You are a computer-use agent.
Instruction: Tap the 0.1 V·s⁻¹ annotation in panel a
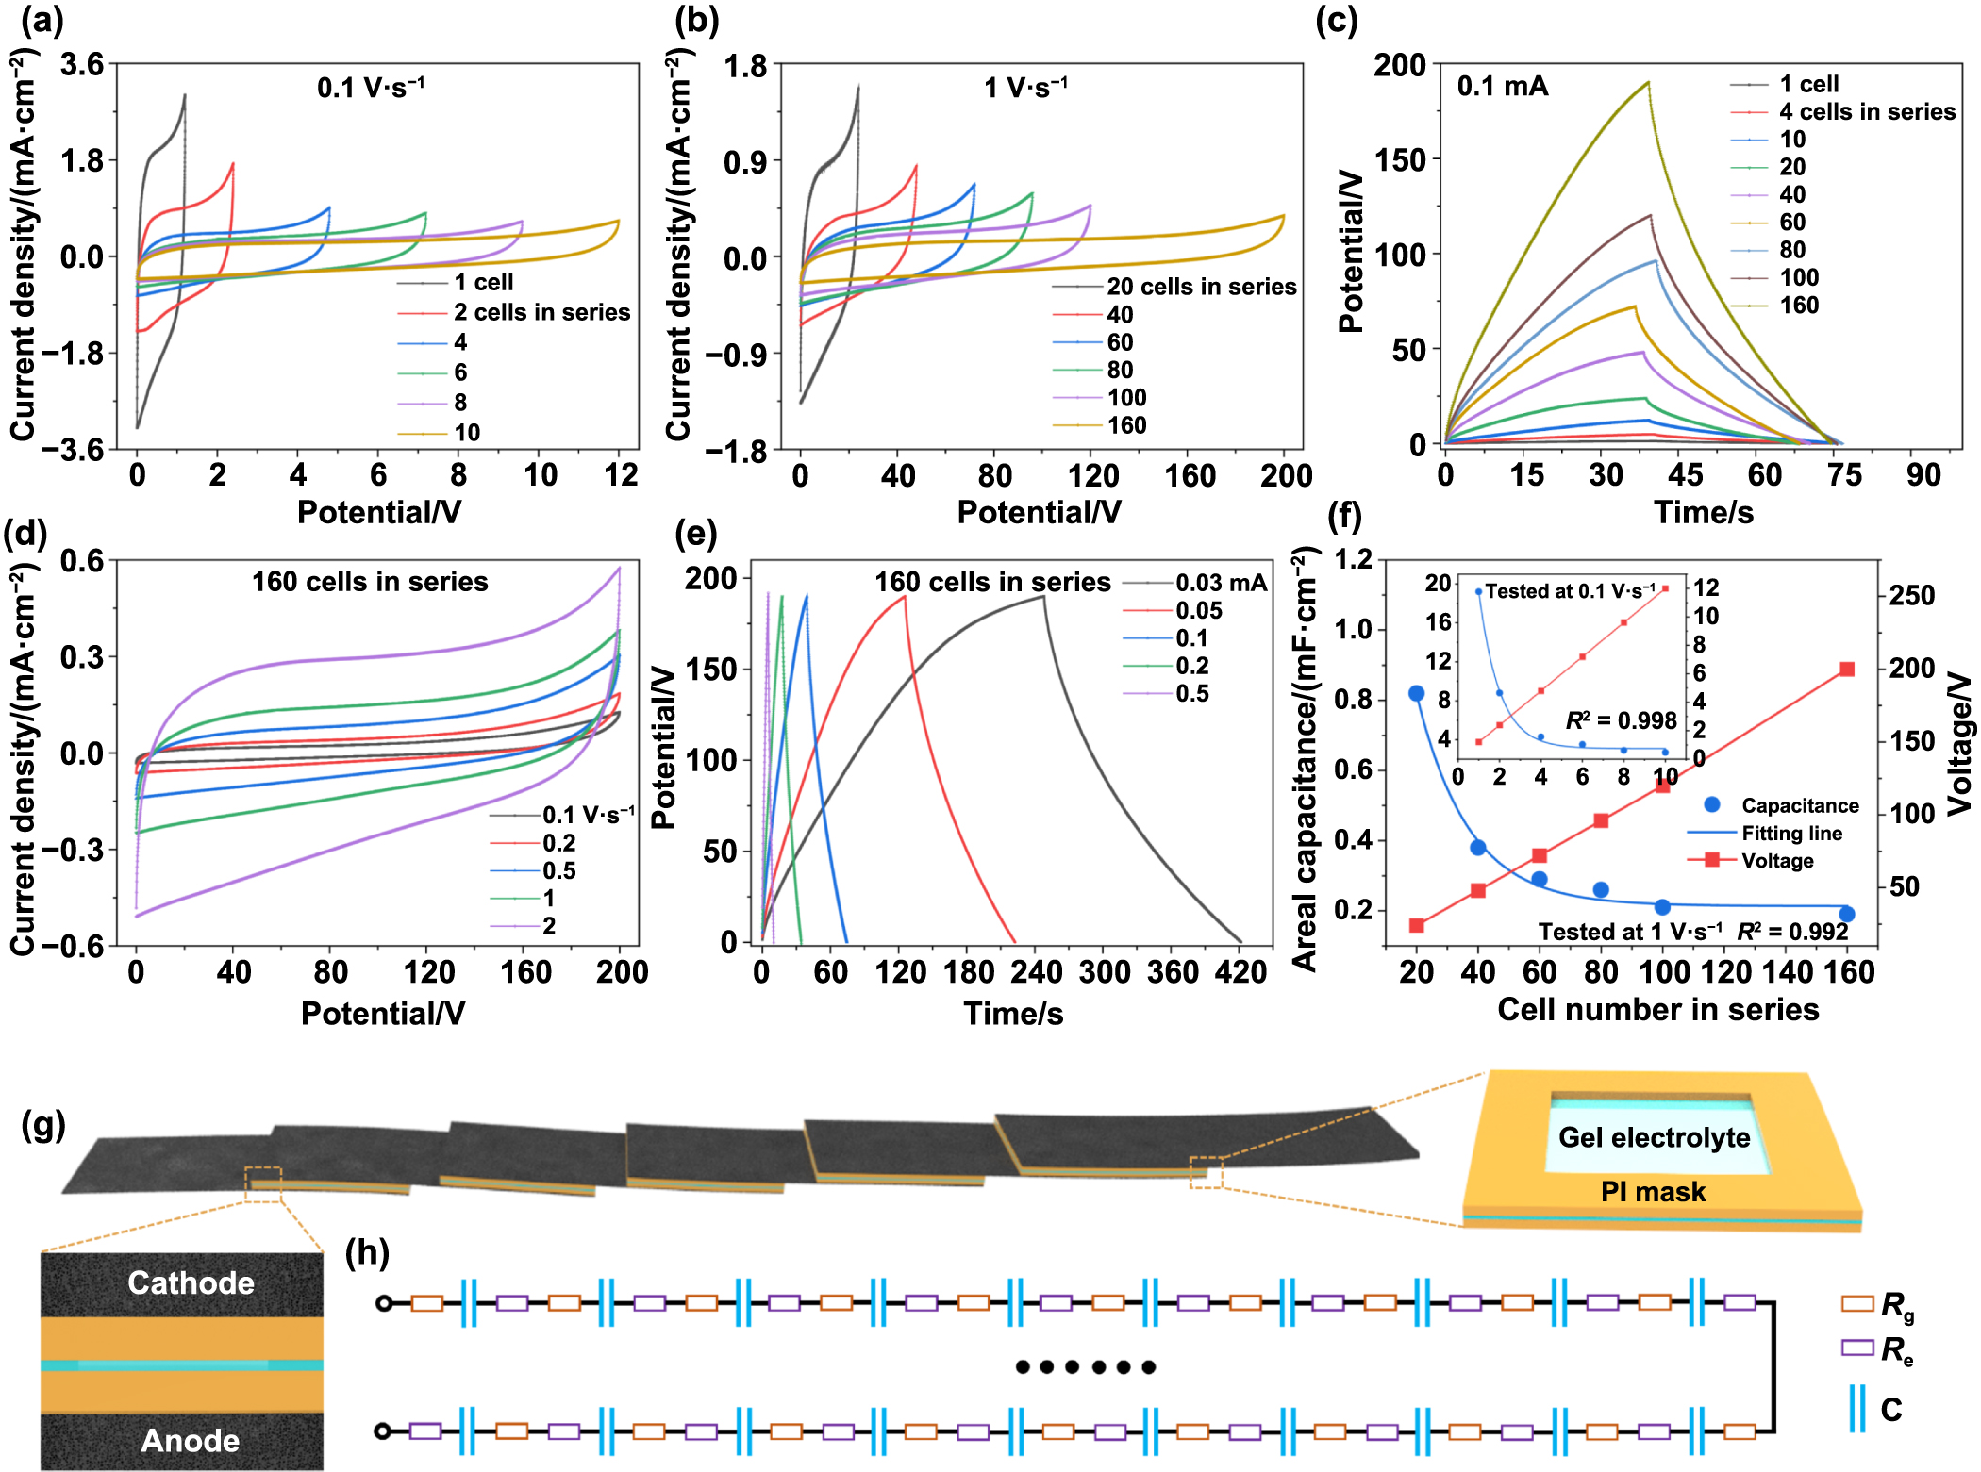tap(371, 88)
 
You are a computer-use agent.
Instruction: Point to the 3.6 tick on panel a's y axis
tap(81, 65)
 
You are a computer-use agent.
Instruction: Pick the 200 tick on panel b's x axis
tap(1285, 475)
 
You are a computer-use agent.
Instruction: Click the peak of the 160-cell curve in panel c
tap(1647, 83)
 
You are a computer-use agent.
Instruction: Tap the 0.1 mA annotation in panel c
tap(1502, 87)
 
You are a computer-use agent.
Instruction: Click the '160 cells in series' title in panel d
tap(370, 582)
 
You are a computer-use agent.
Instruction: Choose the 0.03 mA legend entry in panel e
tap(1221, 584)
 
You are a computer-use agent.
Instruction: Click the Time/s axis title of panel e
tap(1013, 1014)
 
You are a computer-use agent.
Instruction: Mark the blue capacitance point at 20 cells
tap(1416, 693)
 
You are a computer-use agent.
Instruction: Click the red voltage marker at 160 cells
tap(1847, 669)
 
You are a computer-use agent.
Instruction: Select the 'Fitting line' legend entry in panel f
tap(1790, 834)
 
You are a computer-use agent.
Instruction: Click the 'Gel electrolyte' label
tap(1654, 1137)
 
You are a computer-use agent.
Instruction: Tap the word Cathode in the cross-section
tap(191, 1283)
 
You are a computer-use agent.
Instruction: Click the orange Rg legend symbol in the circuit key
tap(1856, 1304)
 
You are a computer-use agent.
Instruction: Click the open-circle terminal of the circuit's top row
tap(384, 1303)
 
